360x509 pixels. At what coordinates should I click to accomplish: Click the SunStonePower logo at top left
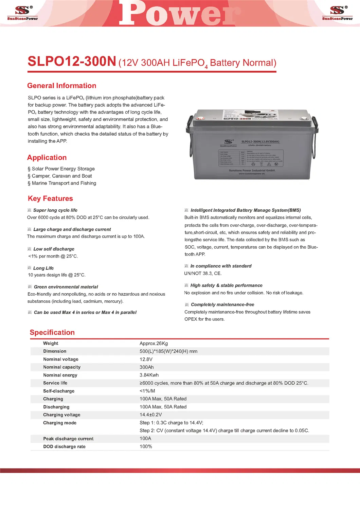click(x=22, y=13)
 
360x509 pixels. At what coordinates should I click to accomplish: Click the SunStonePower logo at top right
click(x=337, y=13)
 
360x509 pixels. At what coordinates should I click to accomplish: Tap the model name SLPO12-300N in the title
click(x=72, y=62)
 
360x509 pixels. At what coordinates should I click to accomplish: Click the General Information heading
click(x=61, y=86)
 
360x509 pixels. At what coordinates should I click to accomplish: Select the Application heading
click(x=47, y=158)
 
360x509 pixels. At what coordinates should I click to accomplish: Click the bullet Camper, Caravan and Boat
click(x=60, y=176)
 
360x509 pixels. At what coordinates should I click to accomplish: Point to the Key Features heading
click(x=50, y=198)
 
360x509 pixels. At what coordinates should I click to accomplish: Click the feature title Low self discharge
click(x=54, y=249)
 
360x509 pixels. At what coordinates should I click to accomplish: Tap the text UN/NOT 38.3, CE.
click(x=203, y=274)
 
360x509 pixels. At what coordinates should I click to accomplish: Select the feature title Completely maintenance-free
click(x=222, y=305)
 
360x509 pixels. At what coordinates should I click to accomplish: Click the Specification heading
click(x=52, y=333)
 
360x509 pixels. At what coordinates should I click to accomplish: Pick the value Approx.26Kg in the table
click(x=154, y=344)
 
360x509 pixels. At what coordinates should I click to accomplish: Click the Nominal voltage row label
click(x=60, y=359)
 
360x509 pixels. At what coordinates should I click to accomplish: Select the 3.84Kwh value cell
click(x=149, y=375)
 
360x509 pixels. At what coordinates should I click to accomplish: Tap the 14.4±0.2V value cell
click(x=151, y=415)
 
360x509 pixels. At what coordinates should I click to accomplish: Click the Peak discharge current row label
click(x=68, y=439)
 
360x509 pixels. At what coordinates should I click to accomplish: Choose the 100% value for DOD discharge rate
click(x=146, y=447)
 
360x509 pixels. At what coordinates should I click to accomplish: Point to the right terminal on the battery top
click(x=304, y=119)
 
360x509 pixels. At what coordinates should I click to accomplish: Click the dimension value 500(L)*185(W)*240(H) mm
click(x=168, y=351)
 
